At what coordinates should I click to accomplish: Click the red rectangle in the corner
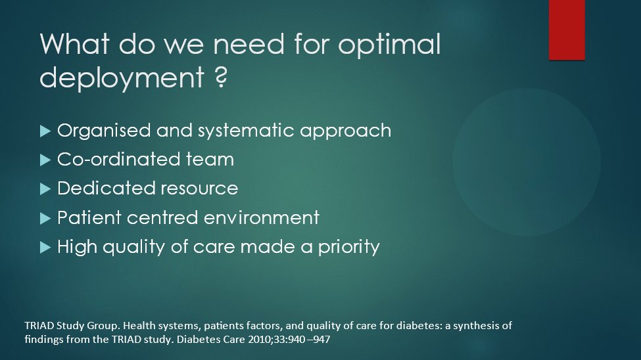tap(567, 30)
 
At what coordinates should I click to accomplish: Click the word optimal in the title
tap(389, 45)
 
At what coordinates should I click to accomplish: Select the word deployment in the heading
tap(122, 78)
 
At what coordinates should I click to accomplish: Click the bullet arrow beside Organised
tap(45, 131)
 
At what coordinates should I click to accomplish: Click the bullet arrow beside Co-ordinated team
tap(45, 160)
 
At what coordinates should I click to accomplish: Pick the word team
tap(210, 160)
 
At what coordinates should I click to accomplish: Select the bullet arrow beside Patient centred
tap(45, 218)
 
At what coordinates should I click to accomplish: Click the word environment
tap(262, 218)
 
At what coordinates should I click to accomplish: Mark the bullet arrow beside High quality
tap(45, 247)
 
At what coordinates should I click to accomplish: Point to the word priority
tap(348, 248)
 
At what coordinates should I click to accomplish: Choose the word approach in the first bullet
tap(345, 131)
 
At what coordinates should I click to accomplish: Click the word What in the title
tap(75, 44)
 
